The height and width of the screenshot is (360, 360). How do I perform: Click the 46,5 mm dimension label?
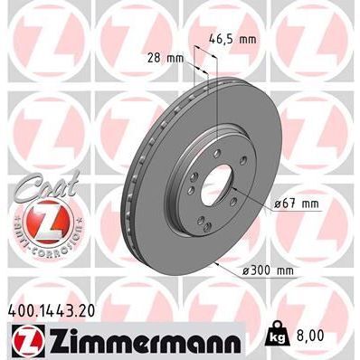click(233, 40)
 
